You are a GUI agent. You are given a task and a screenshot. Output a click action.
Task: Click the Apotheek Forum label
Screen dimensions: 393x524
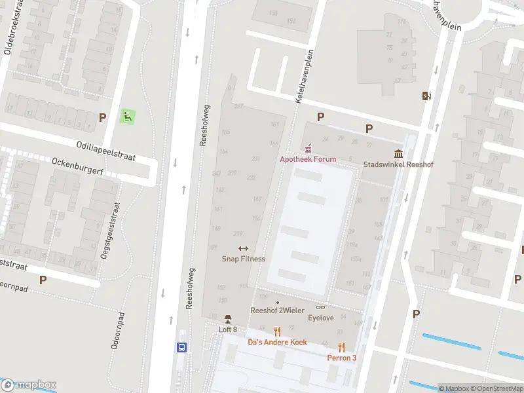[x=308, y=159]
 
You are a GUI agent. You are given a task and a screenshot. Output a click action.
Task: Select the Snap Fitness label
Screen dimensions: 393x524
[x=244, y=259]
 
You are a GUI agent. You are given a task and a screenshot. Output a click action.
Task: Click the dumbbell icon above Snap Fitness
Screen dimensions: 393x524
[x=244, y=248]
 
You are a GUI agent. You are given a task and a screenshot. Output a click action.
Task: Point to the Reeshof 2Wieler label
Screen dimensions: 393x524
[x=277, y=310]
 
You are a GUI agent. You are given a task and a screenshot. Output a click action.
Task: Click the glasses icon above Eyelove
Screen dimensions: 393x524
[x=321, y=307]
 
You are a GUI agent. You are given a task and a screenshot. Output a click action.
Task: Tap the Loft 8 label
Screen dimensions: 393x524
[x=227, y=329]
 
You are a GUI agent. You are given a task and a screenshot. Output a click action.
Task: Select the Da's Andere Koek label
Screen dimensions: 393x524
[x=277, y=342]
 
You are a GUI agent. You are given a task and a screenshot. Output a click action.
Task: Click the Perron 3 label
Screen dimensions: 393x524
[x=342, y=358]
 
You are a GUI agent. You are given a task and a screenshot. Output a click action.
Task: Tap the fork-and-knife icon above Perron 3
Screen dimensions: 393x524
[x=341, y=347]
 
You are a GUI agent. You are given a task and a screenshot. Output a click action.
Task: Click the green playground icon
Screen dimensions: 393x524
[x=128, y=117]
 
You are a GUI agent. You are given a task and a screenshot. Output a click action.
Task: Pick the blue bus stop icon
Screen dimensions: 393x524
[x=183, y=348]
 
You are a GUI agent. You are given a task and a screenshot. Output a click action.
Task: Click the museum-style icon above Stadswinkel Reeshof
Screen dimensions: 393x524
[x=398, y=154]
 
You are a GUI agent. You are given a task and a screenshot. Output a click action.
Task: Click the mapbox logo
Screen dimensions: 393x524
[x=29, y=385]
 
